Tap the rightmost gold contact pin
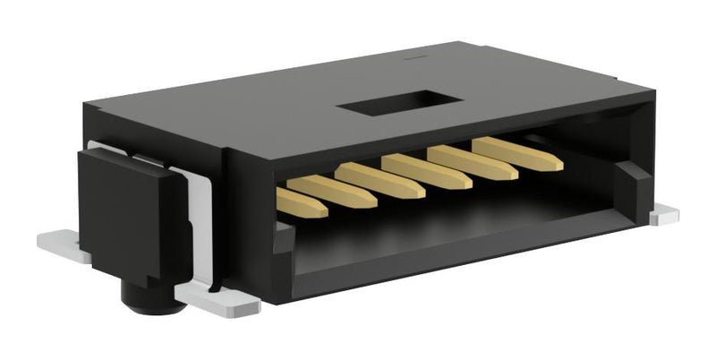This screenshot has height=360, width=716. pyautogui.click(x=519, y=154)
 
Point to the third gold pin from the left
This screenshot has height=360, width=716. pyautogui.click(x=381, y=179)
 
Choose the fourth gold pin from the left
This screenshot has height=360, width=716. pyautogui.click(x=426, y=170)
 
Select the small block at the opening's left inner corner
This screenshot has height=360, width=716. pyautogui.click(x=283, y=237)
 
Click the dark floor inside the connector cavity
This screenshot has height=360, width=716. pyautogui.click(x=447, y=219)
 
